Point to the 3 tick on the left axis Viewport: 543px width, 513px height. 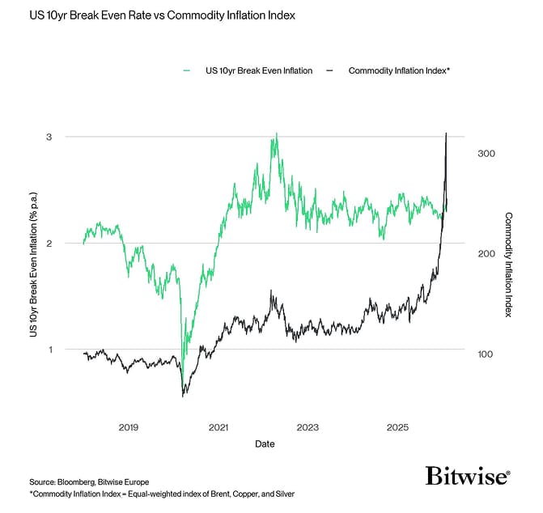click(x=49, y=137)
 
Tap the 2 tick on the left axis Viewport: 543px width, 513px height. click(x=49, y=244)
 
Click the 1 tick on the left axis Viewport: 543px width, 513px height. click(x=49, y=350)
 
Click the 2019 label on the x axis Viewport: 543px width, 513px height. click(x=129, y=426)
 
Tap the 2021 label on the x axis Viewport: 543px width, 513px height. click(x=218, y=426)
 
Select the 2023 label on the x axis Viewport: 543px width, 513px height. click(x=308, y=426)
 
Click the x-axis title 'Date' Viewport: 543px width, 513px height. click(x=265, y=443)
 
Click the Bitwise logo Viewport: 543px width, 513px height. click(x=468, y=475)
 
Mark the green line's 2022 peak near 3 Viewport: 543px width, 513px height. click(x=276, y=134)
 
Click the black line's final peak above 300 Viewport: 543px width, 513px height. click(x=447, y=134)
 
